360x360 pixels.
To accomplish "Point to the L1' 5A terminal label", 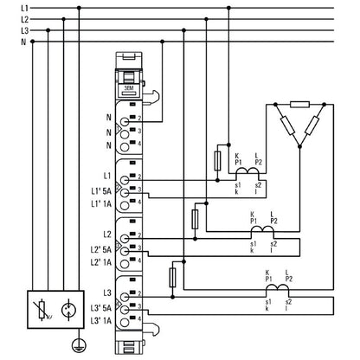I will (x=99, y=190).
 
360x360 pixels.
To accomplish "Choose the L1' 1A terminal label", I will (x=99, y=203).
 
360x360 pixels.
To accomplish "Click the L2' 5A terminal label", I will (x=99, y=247).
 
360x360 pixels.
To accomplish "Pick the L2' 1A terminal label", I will (x=99, y=260).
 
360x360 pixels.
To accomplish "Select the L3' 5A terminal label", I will (x=99, y=307).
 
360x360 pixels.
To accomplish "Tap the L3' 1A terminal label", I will (x=99, y=320).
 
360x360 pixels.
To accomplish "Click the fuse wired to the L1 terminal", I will (x=217, y=160).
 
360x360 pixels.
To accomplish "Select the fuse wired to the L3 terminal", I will (x=173, y=277).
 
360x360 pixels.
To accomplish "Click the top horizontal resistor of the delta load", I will (x=299, y=106).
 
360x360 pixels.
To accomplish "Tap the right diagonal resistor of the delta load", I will (x=318, y=125).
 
